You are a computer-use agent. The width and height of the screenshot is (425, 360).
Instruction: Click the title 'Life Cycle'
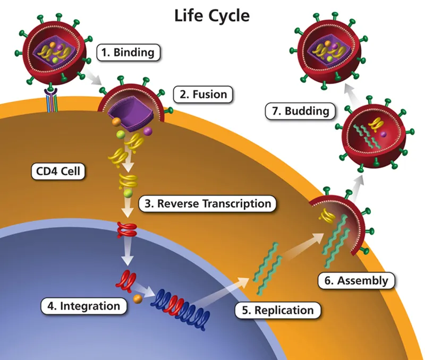tap(211, 16)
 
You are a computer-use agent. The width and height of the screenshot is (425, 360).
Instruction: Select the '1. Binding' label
tap(129, 53)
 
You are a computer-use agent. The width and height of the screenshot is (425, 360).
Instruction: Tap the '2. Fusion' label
tap(203, 95)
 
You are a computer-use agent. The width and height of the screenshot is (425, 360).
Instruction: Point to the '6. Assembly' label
tap(356, 280)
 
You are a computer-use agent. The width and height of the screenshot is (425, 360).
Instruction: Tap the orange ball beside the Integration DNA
tap(137, 299)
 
